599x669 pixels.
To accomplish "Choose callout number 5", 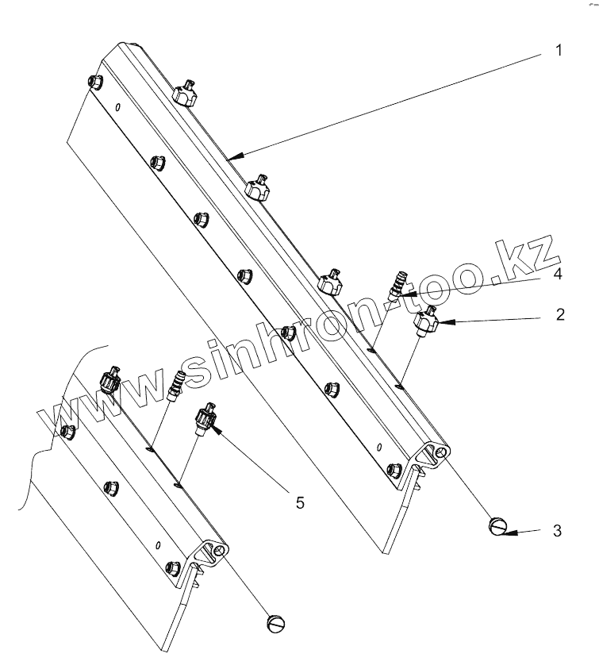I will point(299,501).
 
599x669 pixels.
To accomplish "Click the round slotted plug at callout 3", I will point(497,526).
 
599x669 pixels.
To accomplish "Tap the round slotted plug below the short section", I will point(275,623).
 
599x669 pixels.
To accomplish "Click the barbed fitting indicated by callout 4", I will point(397,285).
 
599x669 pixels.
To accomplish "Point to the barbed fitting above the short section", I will point(177,376).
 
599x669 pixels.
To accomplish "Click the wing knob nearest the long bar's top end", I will point(185,94).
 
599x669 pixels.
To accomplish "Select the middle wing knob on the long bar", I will point(256,188).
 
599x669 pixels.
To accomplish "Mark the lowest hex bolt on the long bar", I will point(392,470).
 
